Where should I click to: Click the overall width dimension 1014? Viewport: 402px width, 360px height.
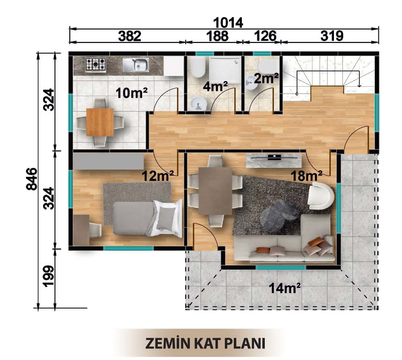(x=228, y=23)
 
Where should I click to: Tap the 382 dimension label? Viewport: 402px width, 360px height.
(x=130, y=36)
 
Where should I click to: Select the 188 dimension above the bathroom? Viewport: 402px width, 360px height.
(x=217, y=36)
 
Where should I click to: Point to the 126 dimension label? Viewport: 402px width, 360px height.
(x=265, y=36)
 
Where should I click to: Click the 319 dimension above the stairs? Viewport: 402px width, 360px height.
(x=332, y=36)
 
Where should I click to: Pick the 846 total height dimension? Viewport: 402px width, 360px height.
(x=32, y=179)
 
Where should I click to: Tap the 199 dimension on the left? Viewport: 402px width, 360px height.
(x=49, y=276)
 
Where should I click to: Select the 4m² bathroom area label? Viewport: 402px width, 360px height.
(x=215, y=87)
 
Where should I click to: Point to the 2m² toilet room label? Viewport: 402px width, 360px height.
(x=266, y=79)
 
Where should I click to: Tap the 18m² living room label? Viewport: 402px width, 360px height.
(x=306, y=176)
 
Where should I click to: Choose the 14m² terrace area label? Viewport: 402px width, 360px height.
(x=284, y=289)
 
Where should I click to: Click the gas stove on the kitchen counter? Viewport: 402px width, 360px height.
(x=96, y=64)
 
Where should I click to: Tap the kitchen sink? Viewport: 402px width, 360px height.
(x=136, y=64)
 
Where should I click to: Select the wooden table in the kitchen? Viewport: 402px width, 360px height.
(x=100, y=122)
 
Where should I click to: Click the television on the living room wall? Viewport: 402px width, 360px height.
(x=274, y=156)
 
